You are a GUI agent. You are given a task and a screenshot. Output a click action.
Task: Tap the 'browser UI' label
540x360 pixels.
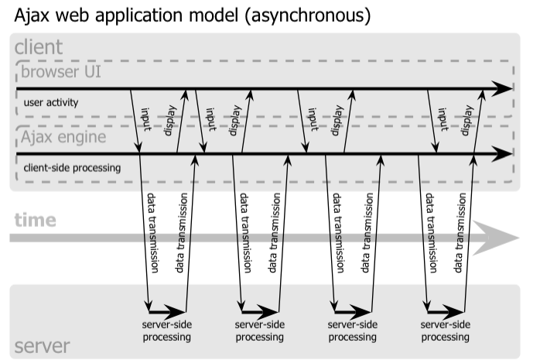pos(62,74)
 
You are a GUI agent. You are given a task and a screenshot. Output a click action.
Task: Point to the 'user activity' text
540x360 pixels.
pos(52,101)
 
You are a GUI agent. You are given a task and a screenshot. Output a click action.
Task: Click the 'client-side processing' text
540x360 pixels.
pos(73,166)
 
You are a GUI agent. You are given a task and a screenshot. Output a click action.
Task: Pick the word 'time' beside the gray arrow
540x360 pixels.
pos(35,220)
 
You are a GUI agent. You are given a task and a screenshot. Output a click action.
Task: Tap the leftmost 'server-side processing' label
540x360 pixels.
pos(166,331)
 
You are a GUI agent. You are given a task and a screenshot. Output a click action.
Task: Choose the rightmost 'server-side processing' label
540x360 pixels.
pos(446,331)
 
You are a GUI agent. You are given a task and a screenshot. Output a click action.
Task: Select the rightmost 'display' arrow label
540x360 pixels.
pos(467,121)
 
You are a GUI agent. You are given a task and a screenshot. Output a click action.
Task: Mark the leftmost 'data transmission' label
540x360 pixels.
pos(152,232)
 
